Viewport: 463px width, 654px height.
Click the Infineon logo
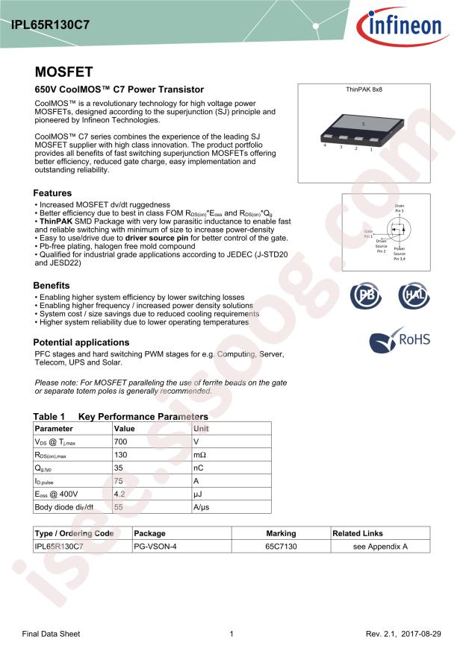point(406,26)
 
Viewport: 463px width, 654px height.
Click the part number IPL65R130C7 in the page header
point(51,25)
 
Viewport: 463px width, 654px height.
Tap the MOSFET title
point(63,72)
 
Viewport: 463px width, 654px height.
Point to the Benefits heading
point(52,286)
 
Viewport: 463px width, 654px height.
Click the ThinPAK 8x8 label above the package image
point(364,89)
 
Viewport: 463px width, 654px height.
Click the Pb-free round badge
point(366,296)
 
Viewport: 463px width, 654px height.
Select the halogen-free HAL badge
point(413,296)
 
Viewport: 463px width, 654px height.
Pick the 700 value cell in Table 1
point(120,442)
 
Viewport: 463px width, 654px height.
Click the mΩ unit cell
point(199,455)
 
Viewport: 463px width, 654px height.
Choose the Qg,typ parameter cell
point(45,468)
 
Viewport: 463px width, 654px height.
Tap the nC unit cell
point(199,468)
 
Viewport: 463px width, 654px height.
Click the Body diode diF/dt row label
point(64,507)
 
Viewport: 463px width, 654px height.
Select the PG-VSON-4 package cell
point(155,547)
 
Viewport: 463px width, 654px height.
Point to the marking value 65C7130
point(281,547)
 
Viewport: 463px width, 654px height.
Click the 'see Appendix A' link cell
point(380,547)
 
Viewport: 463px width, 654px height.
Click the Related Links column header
point(358,533)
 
